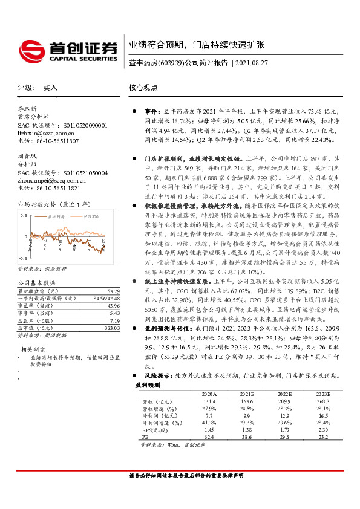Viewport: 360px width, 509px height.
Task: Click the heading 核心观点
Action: (x=143, y=88)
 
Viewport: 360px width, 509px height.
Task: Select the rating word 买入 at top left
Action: (x=50, y=88)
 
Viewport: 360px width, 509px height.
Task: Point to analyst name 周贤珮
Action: (x=28, y=156)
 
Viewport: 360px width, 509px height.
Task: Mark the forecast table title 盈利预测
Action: (x=148, y=385)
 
